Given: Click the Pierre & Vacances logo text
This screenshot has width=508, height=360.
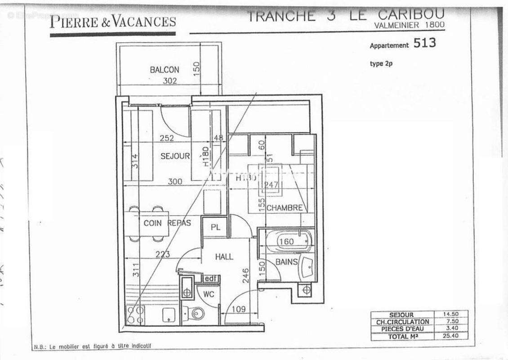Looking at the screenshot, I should [x=112, y=21].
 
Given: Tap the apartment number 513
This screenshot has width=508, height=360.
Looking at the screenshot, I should [x=424, y=43].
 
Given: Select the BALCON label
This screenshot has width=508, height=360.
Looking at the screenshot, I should [x=165, y=70].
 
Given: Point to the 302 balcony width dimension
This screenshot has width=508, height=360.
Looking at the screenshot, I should [x=169, y=81].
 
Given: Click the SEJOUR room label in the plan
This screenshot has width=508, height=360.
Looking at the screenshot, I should [x=175, y=156].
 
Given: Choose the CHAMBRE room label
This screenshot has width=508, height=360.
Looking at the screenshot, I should [x=284, y=208].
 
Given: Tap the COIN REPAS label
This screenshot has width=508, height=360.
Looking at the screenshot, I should [x=167, y=223].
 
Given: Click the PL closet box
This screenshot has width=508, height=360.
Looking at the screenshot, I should [x=215, y=228].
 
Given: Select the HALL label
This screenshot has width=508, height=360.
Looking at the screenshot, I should [x=224, y=256].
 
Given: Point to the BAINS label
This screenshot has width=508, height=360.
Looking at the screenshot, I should [x=286, y=261].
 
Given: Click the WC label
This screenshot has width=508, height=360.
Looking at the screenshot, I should [x=208, y=294].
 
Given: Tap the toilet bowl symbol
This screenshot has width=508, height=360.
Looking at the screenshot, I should [x=196, y=313].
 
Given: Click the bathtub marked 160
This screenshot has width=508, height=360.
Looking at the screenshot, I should [x=288, y=242].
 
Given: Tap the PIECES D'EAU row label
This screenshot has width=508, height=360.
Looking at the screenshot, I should [x=402, y=328].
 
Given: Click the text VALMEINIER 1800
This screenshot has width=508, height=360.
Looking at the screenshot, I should [x=409, y=26].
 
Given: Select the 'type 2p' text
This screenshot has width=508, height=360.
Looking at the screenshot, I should [x=381, y=63].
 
